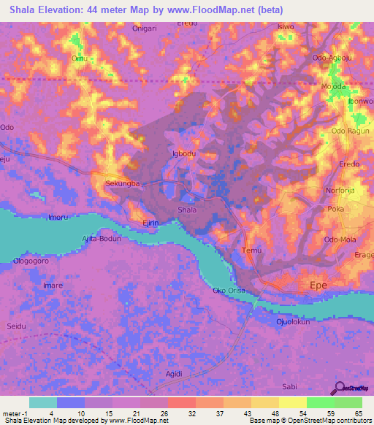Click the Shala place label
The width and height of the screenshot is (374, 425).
point(187,210)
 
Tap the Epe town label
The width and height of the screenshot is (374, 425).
point(319,285)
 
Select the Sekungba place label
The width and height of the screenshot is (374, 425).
point(122,184)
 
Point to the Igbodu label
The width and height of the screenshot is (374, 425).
point(183,154)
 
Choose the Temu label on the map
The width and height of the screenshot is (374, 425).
point(251,250)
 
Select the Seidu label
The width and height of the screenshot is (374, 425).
point(16,326)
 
